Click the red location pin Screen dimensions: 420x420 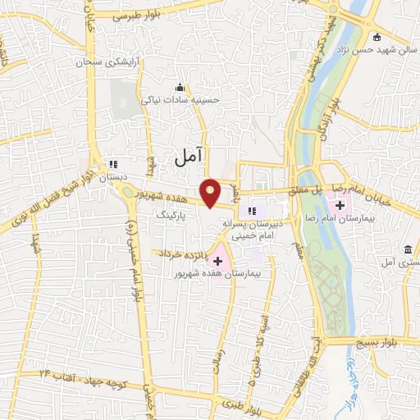pyautogui.click(x=211, y=192)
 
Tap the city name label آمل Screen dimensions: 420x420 pyautogui.click(x=188, y=153)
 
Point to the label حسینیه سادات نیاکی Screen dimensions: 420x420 pyautogui.click(x=181, y=100)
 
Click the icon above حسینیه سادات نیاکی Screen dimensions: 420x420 pyautogui.click(x=180, y=88)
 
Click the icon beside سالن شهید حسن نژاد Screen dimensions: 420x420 pyautogui.click(x=377, y=36)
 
